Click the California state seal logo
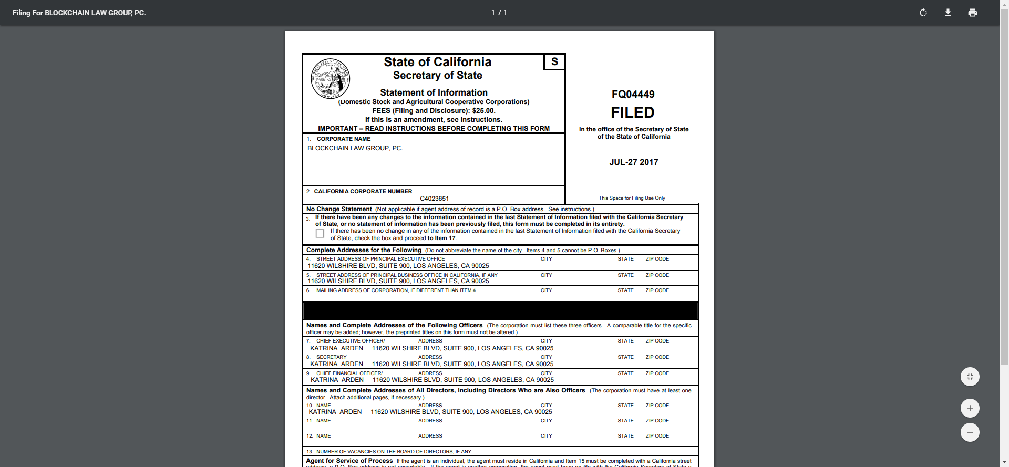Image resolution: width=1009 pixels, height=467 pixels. click(331, 78)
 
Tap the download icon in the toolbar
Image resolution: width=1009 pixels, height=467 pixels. click(948, 13)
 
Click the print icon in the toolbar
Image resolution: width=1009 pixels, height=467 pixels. click(973, 13)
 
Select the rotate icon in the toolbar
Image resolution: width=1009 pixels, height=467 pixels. click(923, 13)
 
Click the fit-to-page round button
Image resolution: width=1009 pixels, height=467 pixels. click(970, 377)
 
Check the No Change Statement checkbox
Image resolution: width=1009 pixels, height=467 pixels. click(320, 233)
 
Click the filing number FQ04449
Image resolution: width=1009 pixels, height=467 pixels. click(633, 95)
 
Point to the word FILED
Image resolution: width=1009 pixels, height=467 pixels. click(633, 112)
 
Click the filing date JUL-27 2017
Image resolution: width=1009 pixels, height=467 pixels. click(633, 162)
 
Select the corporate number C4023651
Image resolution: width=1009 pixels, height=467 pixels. click(434, 199)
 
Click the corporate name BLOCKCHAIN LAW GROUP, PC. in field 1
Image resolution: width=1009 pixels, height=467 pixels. click(355, 148)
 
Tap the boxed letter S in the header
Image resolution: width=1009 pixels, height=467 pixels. click(554, 62)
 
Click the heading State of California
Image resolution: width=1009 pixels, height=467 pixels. click(437, 62)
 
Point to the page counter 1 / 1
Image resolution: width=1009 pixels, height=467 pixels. click(499, 13)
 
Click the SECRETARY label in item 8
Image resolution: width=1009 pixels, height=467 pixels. click(331, 357)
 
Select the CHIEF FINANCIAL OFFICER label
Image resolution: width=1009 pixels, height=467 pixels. click(349, 373)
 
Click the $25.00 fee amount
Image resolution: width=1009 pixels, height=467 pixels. click(483, 111)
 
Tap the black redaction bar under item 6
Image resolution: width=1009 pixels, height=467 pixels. click(500, 310)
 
